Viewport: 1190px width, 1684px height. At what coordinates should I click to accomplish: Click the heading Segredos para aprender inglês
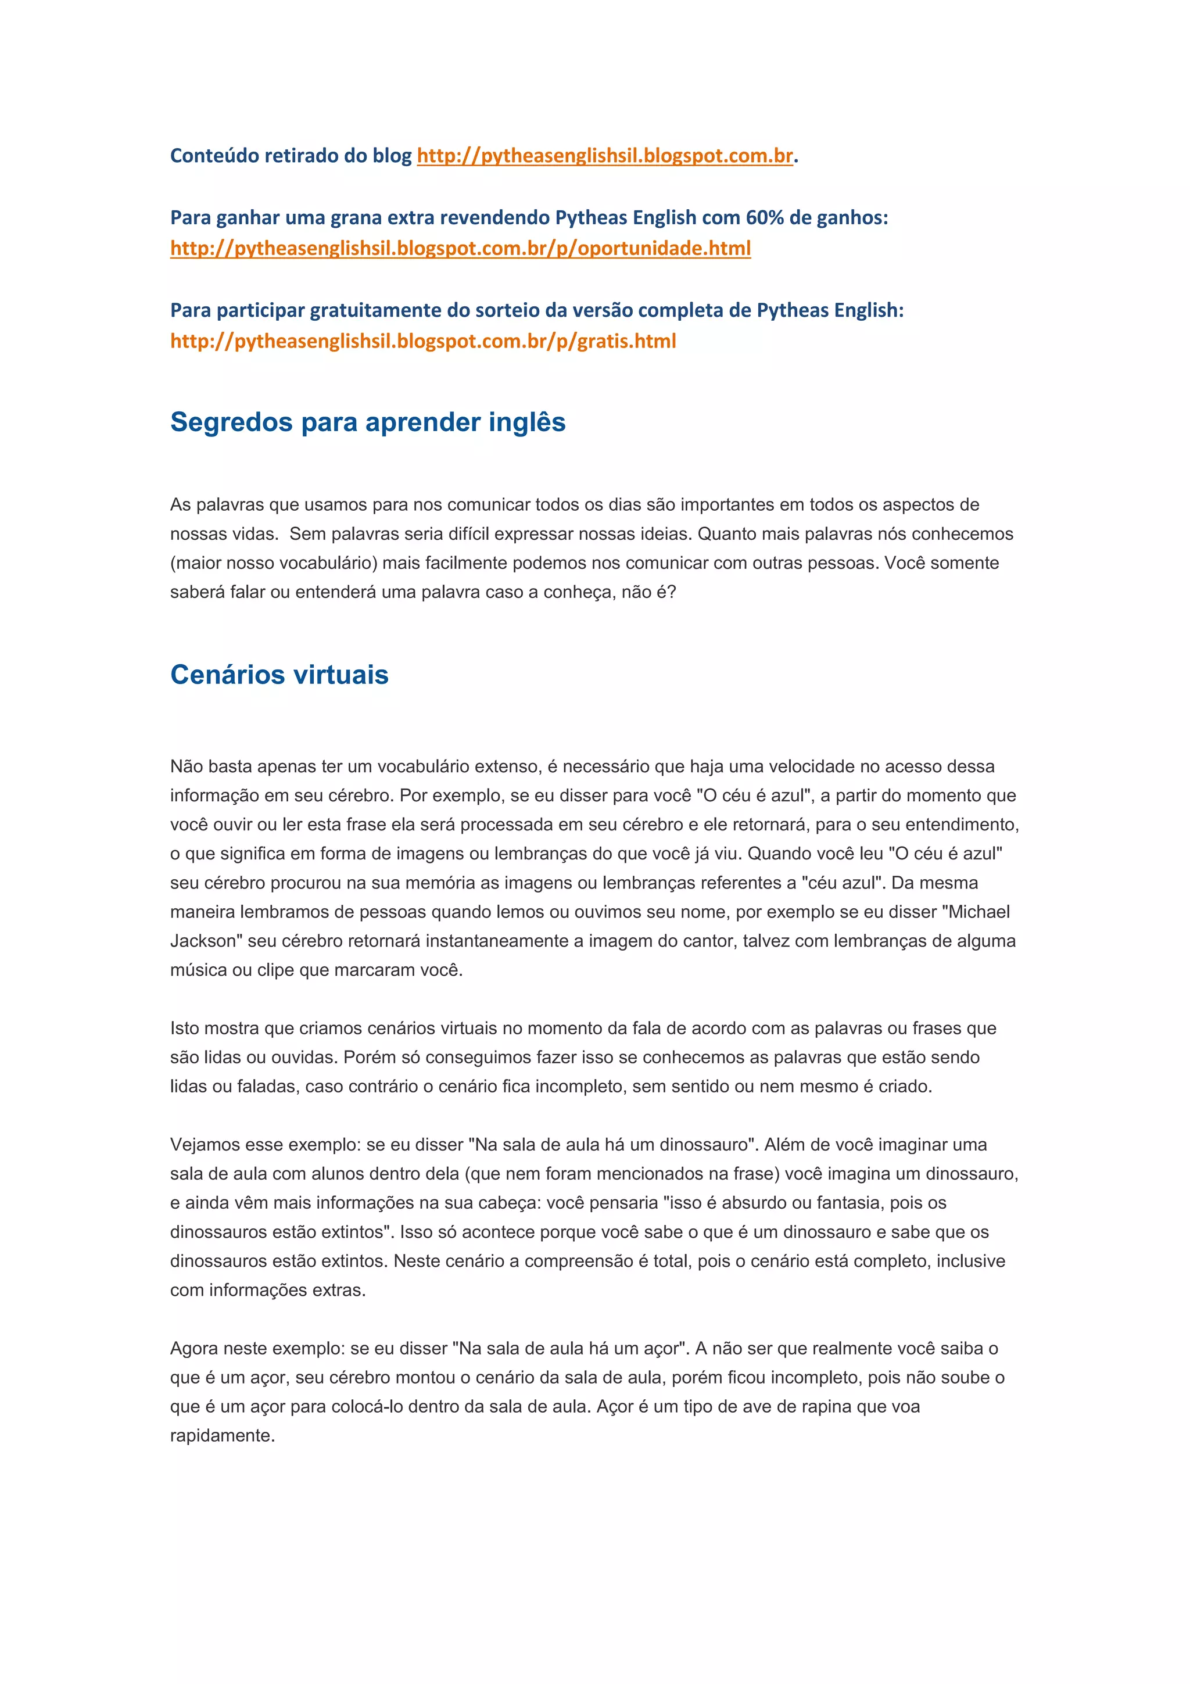367,422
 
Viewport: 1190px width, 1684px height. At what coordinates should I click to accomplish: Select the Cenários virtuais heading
279,675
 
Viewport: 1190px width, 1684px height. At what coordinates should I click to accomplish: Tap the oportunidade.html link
460,249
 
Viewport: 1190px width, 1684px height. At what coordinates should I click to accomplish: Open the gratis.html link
422,341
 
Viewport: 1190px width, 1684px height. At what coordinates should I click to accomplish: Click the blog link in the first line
605,156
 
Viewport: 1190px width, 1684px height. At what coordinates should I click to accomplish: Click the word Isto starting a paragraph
184,1029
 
